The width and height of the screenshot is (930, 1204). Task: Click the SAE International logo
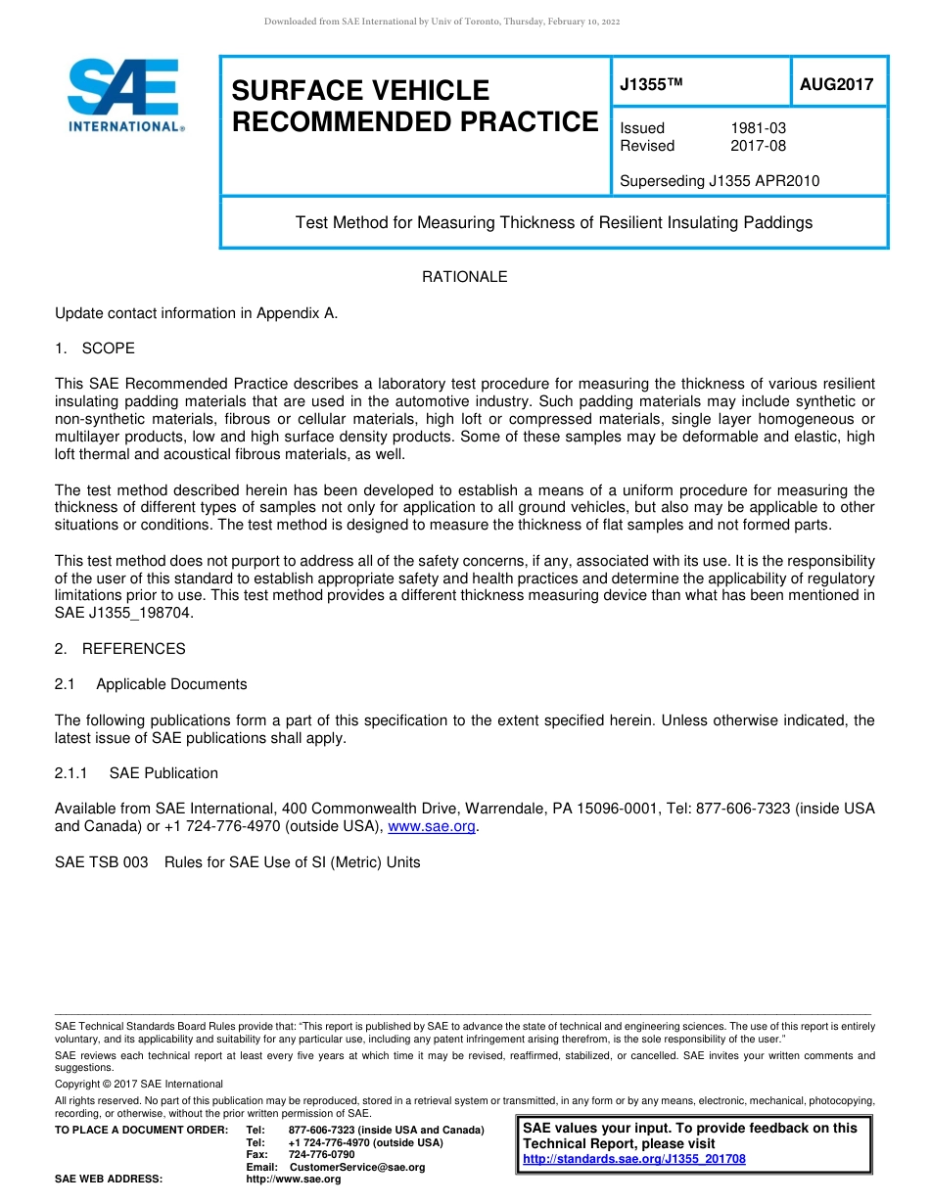click(124, 95)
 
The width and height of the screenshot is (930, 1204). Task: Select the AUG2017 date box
click(836, 85)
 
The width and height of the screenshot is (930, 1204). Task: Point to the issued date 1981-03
click(758, 128)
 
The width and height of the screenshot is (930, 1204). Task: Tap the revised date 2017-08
click(758, 146)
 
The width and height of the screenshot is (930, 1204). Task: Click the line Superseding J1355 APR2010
click(720, 181)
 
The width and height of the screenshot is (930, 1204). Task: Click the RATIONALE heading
click(464, 277)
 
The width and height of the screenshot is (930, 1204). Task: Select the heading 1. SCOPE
click(95, 348)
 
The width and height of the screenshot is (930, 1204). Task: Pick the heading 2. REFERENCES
click(120, 649)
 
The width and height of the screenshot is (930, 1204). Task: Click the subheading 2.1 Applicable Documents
click(151, 684)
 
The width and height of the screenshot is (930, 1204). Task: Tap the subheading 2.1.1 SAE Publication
click(136, 773)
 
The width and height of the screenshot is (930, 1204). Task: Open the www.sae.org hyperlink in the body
click(432, 827)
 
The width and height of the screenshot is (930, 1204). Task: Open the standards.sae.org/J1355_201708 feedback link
click(634, 1159)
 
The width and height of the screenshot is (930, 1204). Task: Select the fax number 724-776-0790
click(321, 1155)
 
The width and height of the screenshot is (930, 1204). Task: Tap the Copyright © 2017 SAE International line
click(139, 1084)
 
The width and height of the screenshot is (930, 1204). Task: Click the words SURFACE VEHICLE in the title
click(360, 91)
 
